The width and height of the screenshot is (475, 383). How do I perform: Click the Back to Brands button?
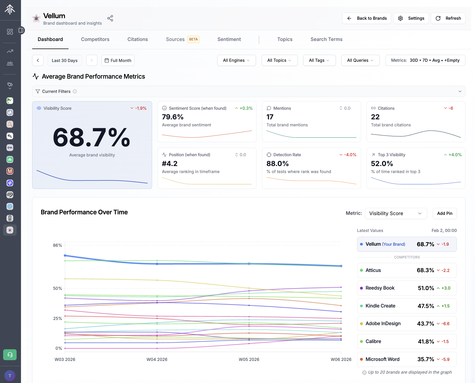(x=367, y=18)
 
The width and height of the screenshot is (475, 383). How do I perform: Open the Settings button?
(x=411, y=18)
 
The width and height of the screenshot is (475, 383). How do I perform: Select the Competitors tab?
(x=95, y=39)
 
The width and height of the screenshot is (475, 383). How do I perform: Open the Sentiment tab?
(x=229, y=39)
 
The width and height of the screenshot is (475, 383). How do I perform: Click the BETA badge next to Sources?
(x=193, y=39)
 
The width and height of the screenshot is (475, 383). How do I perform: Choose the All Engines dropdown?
(x=236, y=60)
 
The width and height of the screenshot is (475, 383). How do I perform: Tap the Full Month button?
(x=118, y=60)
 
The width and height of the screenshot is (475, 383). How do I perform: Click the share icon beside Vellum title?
(x=110, y=18)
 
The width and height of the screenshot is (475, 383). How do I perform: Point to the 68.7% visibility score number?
(x=91, y=138)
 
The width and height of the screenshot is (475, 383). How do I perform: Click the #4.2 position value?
(x=170, y=163)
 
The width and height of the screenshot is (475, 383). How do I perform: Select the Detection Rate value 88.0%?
(x=277, y=163)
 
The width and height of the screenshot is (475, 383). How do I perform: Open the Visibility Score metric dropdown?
(x=396, y=213)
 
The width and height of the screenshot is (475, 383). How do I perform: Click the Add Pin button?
(x=444, y=213)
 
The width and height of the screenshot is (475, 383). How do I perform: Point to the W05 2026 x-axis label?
(x=249, y=359)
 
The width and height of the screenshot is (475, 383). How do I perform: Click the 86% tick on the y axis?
(x=57, y=245)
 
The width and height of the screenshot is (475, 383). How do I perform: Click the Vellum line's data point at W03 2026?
(x=65, y=256)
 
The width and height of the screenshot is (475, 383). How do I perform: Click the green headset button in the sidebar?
(x=10, y=354)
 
